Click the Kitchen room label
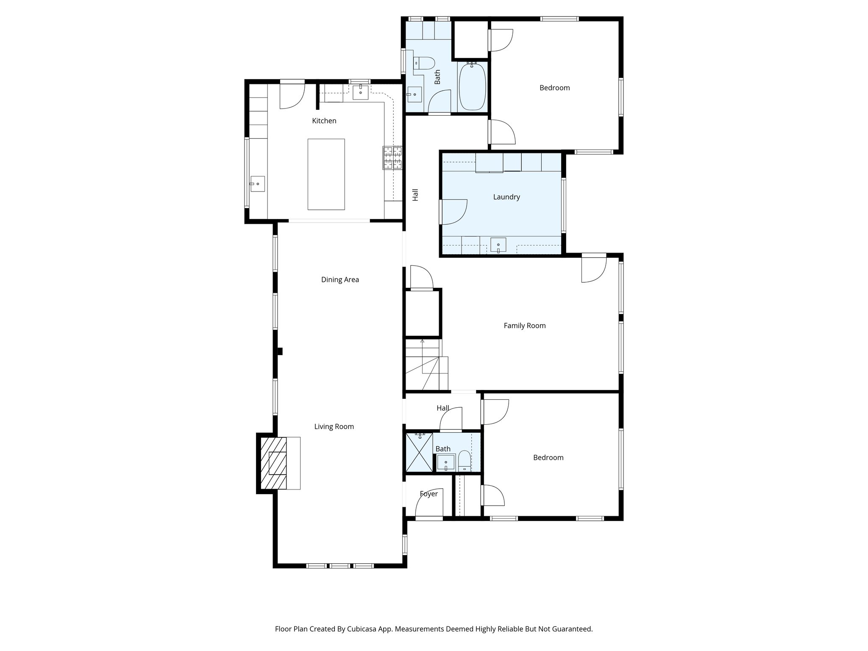(324, 121)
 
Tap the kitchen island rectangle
(326, 174)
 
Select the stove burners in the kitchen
(392, 158)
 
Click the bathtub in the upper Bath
(472, 86)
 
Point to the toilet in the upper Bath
(424, 64)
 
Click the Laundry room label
(506, 197)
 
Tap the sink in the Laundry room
(498, 245)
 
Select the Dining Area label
(340, 280)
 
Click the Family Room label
(524, 326)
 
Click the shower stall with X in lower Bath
(419, 452)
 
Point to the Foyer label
(428, 494)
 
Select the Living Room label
(334, 427)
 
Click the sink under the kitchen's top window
(360, 92)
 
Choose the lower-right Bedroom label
(548, 458)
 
